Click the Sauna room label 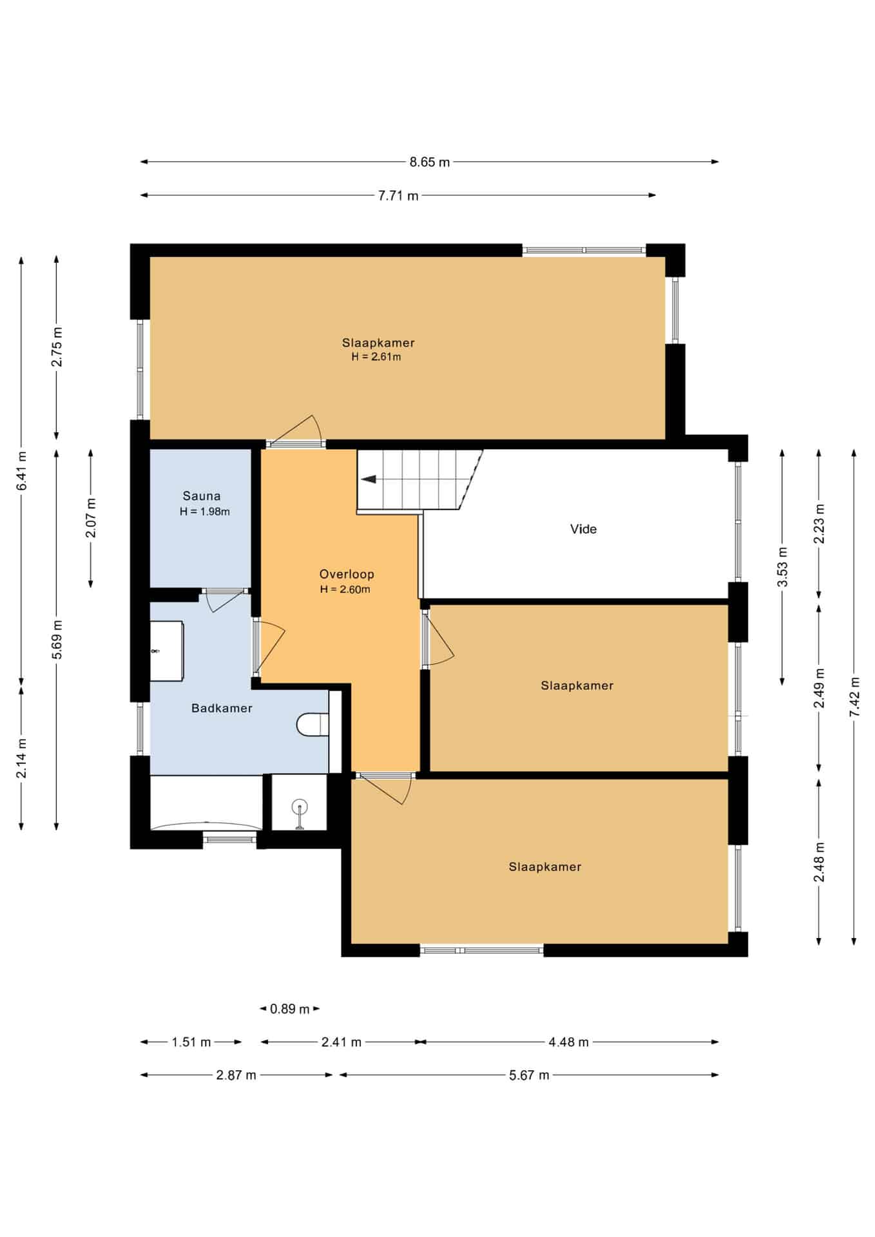tap(202, 496)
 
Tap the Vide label tap(583, 529)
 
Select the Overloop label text tap(347, 574)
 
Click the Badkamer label tap(222, 708)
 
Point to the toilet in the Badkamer tap(312, 724)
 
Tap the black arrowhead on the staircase tap(369, 479)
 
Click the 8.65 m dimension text tap(430, 162)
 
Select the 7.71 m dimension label tap(398, 196)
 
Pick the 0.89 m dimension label tap(290, 1009)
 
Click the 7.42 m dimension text tap(854, 696)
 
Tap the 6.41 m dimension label tap(21, 471)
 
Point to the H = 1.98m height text tap(205, 512)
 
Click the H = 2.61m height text tap(376, 357)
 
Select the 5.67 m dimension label tap(529, 1075)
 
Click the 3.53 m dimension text tap(782, 567)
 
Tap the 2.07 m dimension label tap(91, 518)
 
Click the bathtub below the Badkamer tap(206, 803)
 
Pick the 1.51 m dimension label tap(191, 1042)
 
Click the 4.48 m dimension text tap(569, 1042)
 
